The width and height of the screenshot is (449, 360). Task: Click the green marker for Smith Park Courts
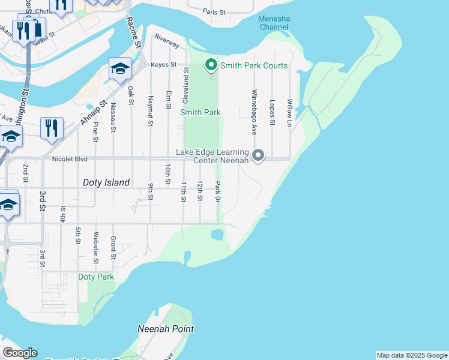point(211,65)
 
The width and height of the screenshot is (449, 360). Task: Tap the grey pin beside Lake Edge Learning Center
point(258,155)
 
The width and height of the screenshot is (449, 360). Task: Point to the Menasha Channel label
point(274,23)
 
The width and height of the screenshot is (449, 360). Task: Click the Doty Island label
point(106,182)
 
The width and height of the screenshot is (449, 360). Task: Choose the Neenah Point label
point(166,329)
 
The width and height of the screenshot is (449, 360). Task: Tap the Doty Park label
point(96,277)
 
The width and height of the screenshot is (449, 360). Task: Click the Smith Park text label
point(200,112)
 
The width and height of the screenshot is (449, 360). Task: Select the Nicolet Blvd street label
point(70,160)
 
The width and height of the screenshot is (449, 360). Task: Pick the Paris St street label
point(214,11)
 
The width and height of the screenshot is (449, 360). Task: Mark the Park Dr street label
point(217,191)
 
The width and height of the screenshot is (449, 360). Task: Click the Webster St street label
point(95,248)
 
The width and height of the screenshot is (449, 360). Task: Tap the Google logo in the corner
point(20,353)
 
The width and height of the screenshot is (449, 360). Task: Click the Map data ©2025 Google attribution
point(411,355)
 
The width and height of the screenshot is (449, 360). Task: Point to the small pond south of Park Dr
point(217,234)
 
